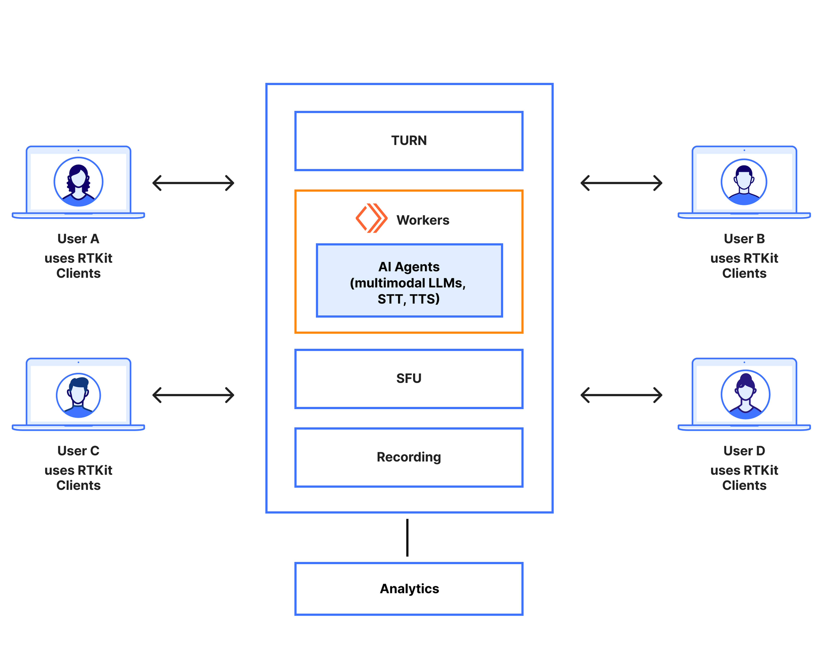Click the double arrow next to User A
(x=193, y=183)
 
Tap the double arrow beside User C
(x=193, y=395)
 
